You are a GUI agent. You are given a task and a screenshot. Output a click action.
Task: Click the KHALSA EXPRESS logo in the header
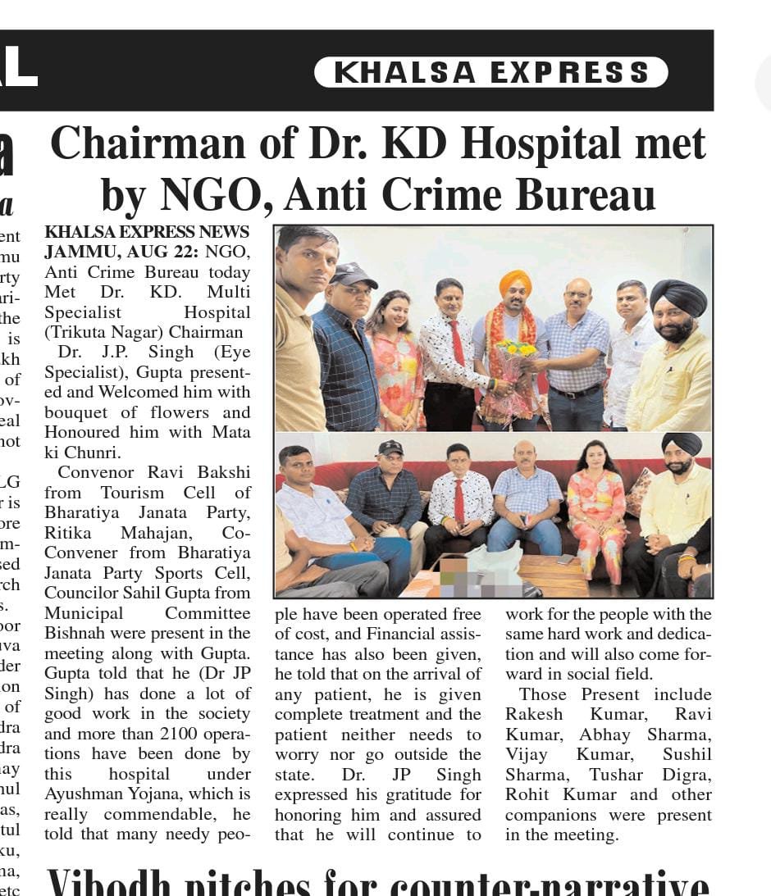coord(490,72)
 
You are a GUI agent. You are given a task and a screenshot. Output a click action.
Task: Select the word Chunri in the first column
coord(98,453)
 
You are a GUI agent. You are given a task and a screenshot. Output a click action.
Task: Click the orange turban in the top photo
coord(514,283)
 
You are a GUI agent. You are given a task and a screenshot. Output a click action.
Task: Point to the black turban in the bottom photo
coord(682,444)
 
